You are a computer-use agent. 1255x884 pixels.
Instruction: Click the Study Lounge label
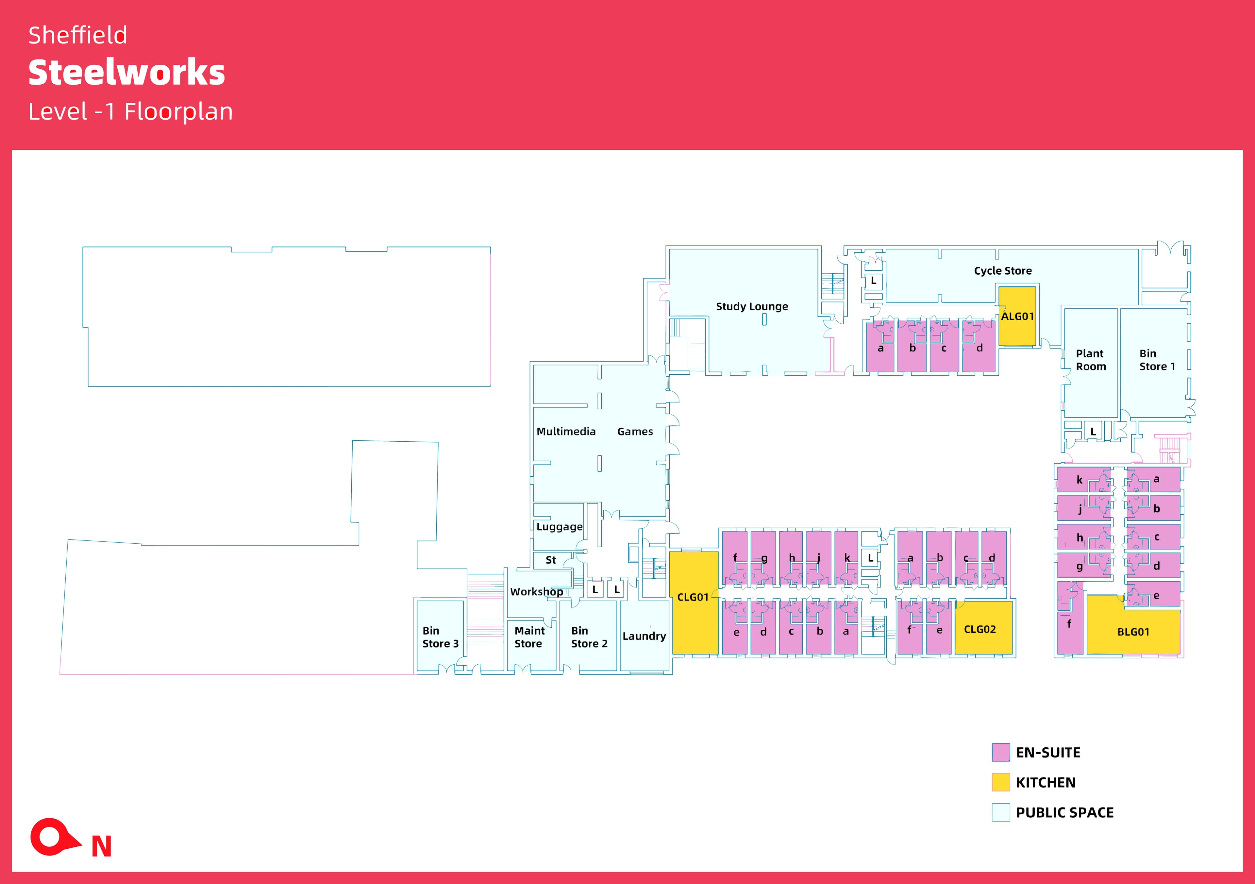click(752, 307)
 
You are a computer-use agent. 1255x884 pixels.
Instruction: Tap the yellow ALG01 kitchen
click(1017, 316)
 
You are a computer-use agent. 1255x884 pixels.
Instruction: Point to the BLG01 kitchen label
click(1133, 632)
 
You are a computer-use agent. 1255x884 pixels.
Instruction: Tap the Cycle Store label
click(1002, 271)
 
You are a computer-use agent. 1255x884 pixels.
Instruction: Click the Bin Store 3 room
click(440, 637)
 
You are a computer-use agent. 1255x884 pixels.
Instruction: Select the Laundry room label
click(644, 636)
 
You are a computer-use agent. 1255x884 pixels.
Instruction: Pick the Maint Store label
click(529, 637)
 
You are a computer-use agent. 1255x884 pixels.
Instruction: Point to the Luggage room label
click(559, 527)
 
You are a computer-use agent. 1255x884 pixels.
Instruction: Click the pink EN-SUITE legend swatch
click(1000, 752)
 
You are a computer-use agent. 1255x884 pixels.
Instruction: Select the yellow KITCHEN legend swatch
click(1000, 782)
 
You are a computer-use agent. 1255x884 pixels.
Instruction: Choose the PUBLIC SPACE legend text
click(1064, 812)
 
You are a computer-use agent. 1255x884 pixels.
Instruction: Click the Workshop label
click(536, 591)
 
